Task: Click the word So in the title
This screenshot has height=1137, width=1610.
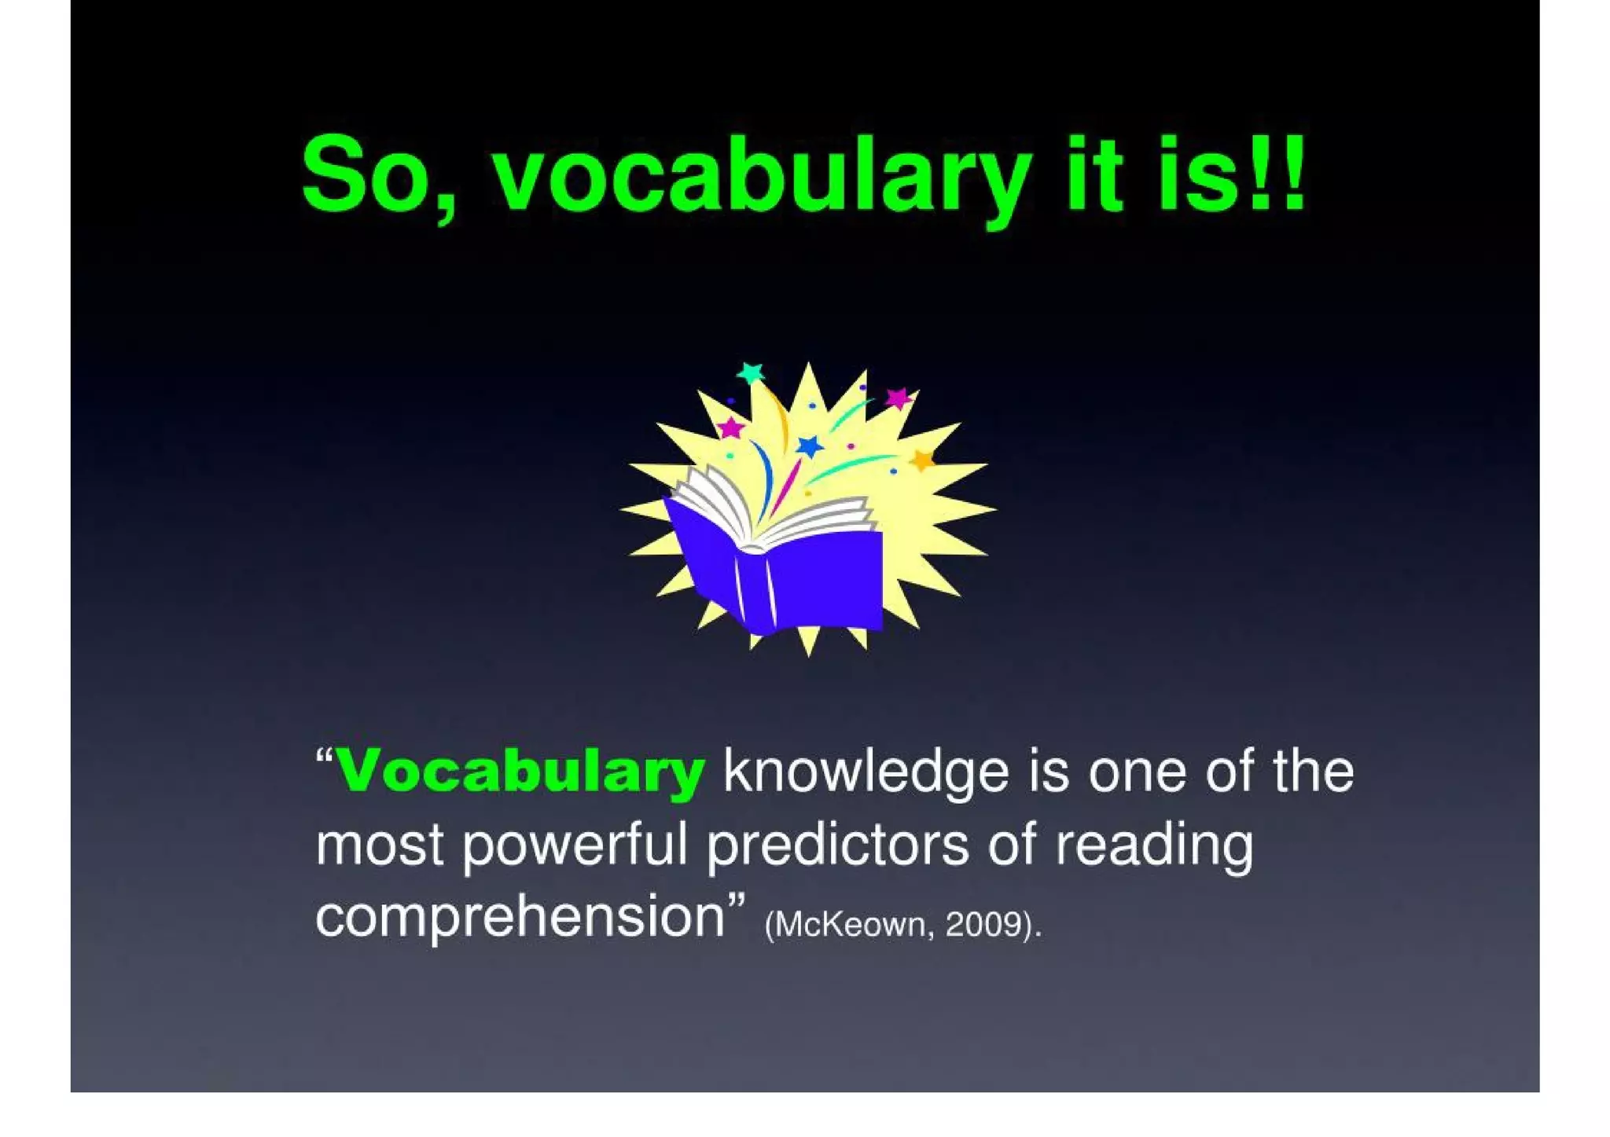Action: (x=366, y=174)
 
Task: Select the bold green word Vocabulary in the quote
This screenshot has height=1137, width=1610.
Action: (x=520, y=772)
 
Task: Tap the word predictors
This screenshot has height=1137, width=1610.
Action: (x=838, y=845)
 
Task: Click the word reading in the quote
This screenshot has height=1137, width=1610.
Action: (x=1153, y=845)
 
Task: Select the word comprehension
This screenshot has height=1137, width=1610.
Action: (x=520, y=918)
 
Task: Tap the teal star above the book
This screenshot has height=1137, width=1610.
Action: (x=751, y=372)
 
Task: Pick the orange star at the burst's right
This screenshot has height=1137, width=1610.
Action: (x=921, y=459)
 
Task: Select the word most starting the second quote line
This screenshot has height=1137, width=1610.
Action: (x=380, y=845)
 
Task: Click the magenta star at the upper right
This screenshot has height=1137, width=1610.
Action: (x=897, y=398)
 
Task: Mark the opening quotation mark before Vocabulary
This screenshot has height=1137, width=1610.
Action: (x=324, y=757)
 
